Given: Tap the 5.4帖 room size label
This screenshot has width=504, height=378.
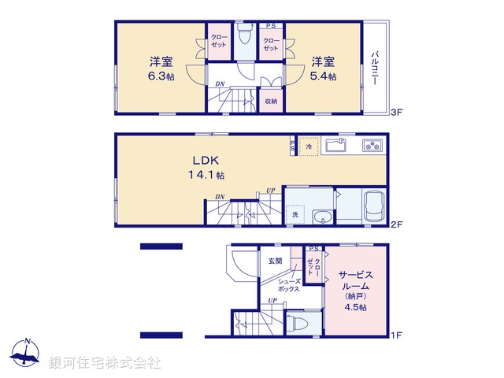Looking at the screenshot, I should click(323, 76).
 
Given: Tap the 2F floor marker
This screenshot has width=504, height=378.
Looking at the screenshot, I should click(397, 225).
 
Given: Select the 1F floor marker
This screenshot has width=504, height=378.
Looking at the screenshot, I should click(397, 336).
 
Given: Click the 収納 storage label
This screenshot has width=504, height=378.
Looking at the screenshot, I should click(270, 101).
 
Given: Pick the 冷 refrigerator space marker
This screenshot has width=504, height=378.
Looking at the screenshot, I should click(309, 146).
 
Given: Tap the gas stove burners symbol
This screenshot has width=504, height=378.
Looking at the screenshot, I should click(372, 146).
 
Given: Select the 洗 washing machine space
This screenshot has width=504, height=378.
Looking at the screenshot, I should click(295, 213).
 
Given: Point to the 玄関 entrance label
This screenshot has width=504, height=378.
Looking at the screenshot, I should click(274, 261).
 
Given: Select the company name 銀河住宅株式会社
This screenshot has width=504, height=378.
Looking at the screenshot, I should click(105, 361).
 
